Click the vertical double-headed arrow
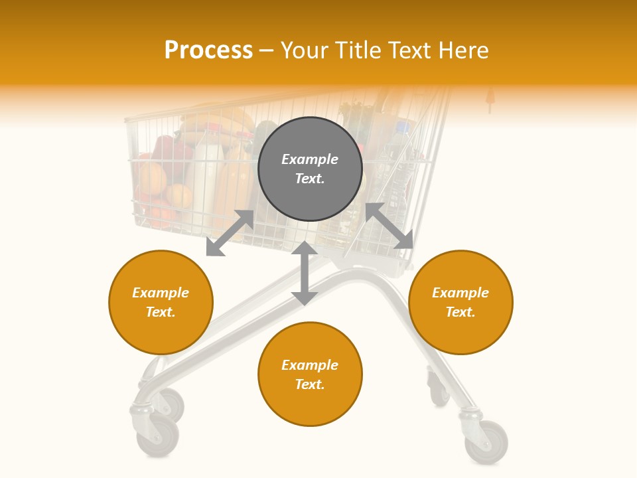pos(304,273)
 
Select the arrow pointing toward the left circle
pos(230,233)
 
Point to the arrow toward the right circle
pos(389,226)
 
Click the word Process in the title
pos(208,50)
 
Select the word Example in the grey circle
pos(310,159)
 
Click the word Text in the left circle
pos(161,312)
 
